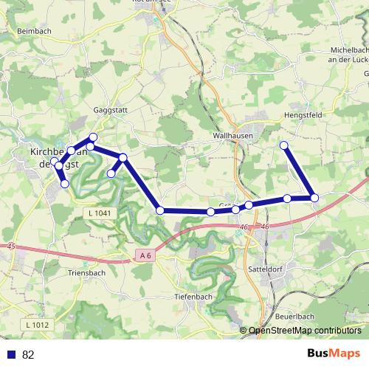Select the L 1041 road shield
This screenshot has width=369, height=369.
pos(97,213)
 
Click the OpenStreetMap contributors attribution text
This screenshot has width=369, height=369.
pos(305,330)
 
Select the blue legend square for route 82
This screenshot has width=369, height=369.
pos(11,354)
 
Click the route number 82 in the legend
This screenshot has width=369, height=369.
pos(28,354)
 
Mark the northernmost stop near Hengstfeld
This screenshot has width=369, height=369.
pos(284,145)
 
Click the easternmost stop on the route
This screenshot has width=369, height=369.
pos(314,197)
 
